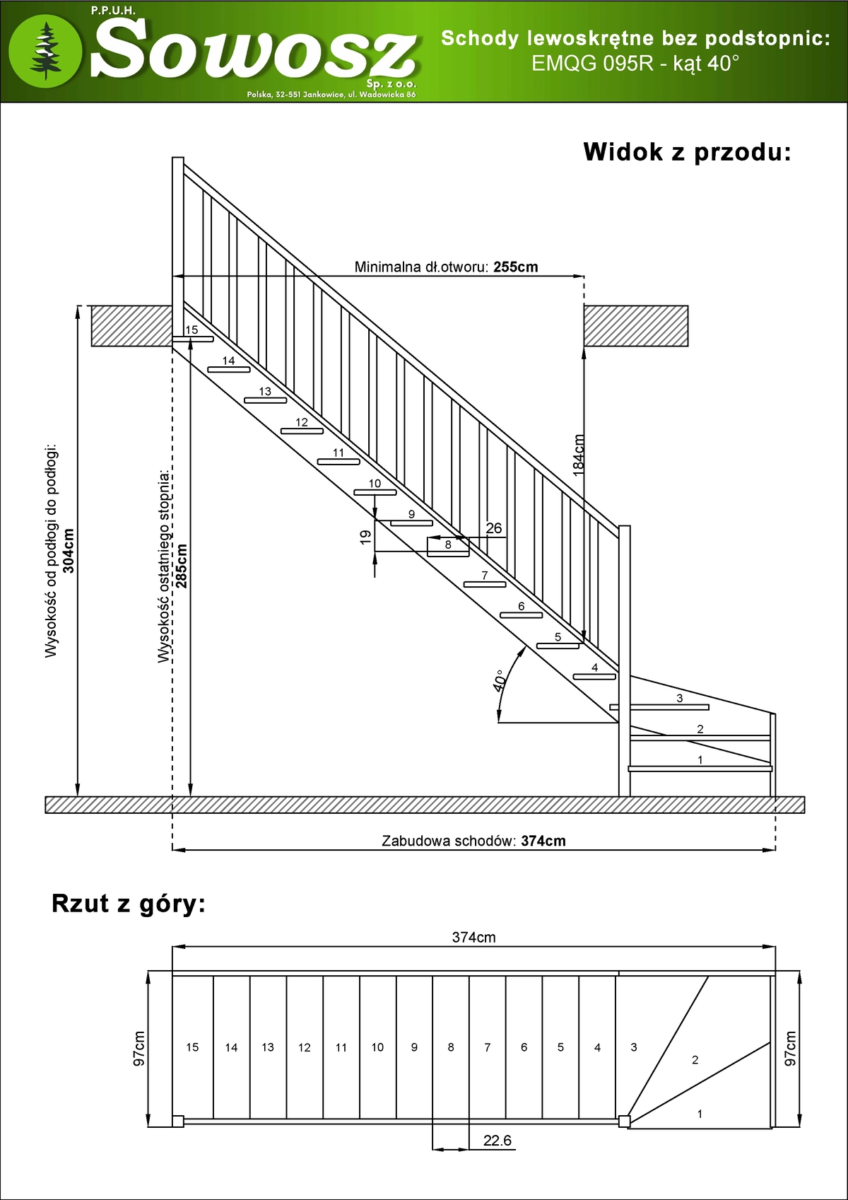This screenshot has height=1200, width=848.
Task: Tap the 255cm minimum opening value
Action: pos(516,267)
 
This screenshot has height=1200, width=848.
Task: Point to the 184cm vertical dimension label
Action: pos(578,455)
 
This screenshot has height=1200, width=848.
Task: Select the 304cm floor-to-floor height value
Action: pos(69,552)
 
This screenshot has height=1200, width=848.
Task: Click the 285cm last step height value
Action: pos(182,566)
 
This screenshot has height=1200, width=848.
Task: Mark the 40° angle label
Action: pos(500,681)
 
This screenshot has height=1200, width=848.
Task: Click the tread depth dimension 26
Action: pos(493,528)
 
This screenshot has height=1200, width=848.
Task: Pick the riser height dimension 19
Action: pos(365,537)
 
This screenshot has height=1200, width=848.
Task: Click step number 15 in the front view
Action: pos(191,330)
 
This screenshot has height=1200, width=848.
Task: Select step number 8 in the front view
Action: pos(448,544)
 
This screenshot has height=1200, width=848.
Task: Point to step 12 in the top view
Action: pos(304,1047)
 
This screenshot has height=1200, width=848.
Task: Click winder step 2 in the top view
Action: pos(695,1059)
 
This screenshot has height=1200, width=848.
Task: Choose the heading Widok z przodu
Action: pos(687,152)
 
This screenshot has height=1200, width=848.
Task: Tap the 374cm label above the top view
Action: pos(473,938)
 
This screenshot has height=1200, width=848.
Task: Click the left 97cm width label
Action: pos(139,1048)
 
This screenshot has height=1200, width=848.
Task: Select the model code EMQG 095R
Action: pos(593,64)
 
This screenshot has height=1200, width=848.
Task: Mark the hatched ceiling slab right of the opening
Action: pos(636,326)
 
